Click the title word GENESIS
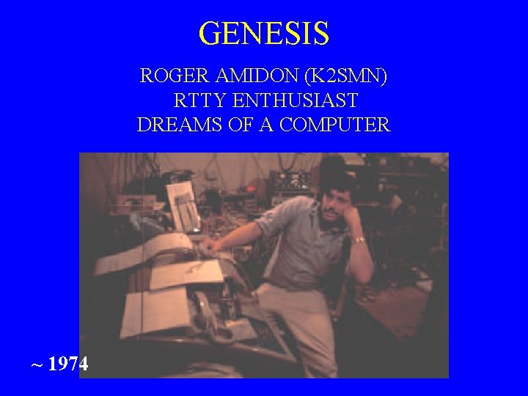click(264, 33)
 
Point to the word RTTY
click(197, 100)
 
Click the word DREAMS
click(175, 125)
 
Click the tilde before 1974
click(36, 364)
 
